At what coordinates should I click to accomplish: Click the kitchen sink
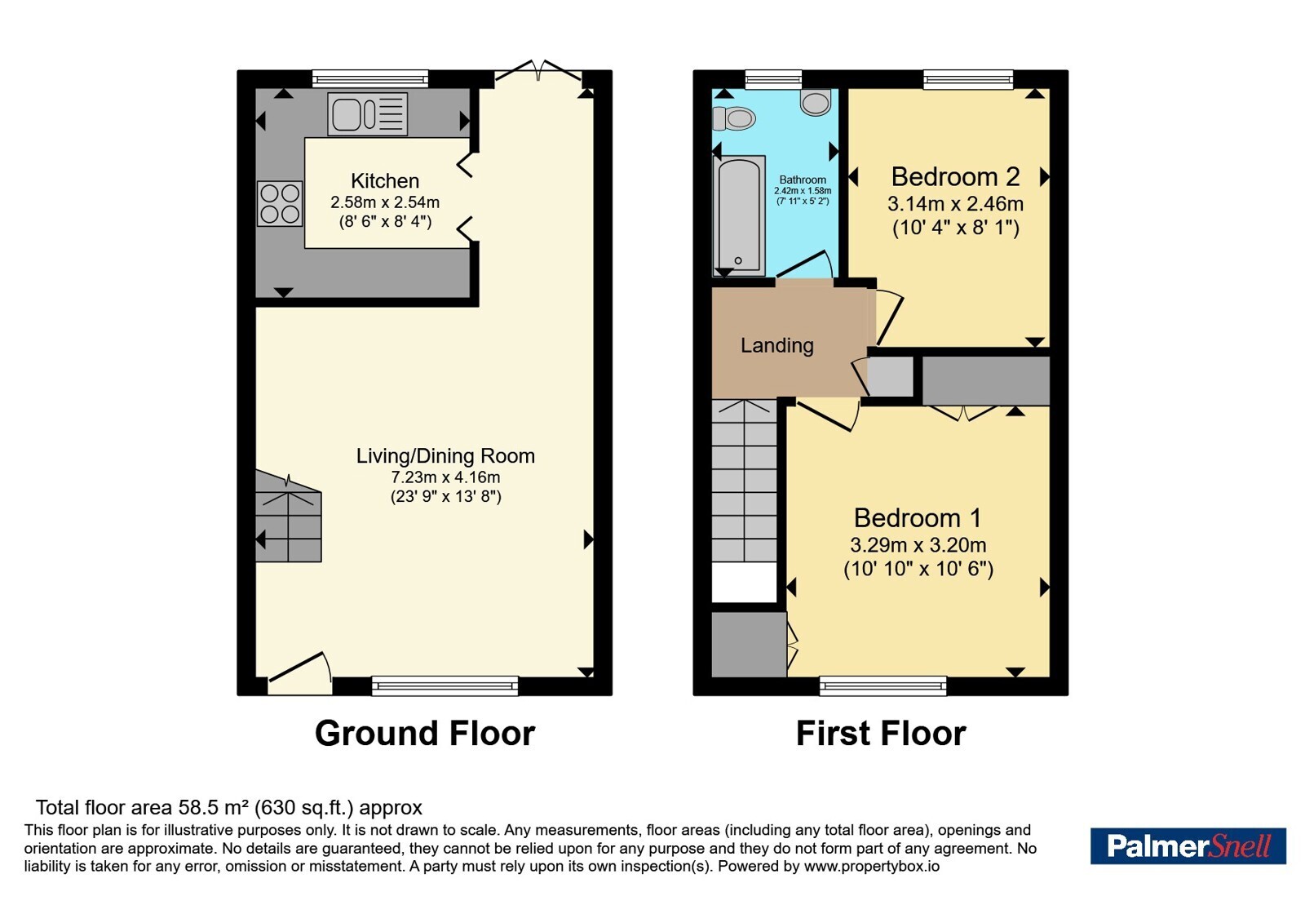point(367,114)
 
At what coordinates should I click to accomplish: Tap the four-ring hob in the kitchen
point(281,203)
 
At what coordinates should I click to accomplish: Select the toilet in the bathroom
point(734,119)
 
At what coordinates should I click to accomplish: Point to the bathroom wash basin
point(816,102)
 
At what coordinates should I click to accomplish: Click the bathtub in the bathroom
point(739,215)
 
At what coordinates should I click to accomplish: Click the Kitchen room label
point(385,180)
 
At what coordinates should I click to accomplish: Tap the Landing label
point(776,346)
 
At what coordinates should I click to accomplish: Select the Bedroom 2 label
point(955,176)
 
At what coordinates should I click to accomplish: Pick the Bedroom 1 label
point(918,517)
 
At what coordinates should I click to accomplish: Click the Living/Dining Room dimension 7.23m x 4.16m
point(445,477)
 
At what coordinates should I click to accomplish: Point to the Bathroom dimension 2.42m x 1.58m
point(803,191)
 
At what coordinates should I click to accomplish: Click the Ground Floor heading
point(425,733)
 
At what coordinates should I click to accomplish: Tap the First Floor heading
point(881,733)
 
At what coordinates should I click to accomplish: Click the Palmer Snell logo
point(1188,845)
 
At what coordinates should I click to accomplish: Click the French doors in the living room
point(538,70)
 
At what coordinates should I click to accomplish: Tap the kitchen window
point(370,78)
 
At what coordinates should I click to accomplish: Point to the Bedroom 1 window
point(883,685)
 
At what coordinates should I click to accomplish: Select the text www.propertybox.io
point(872,866)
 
